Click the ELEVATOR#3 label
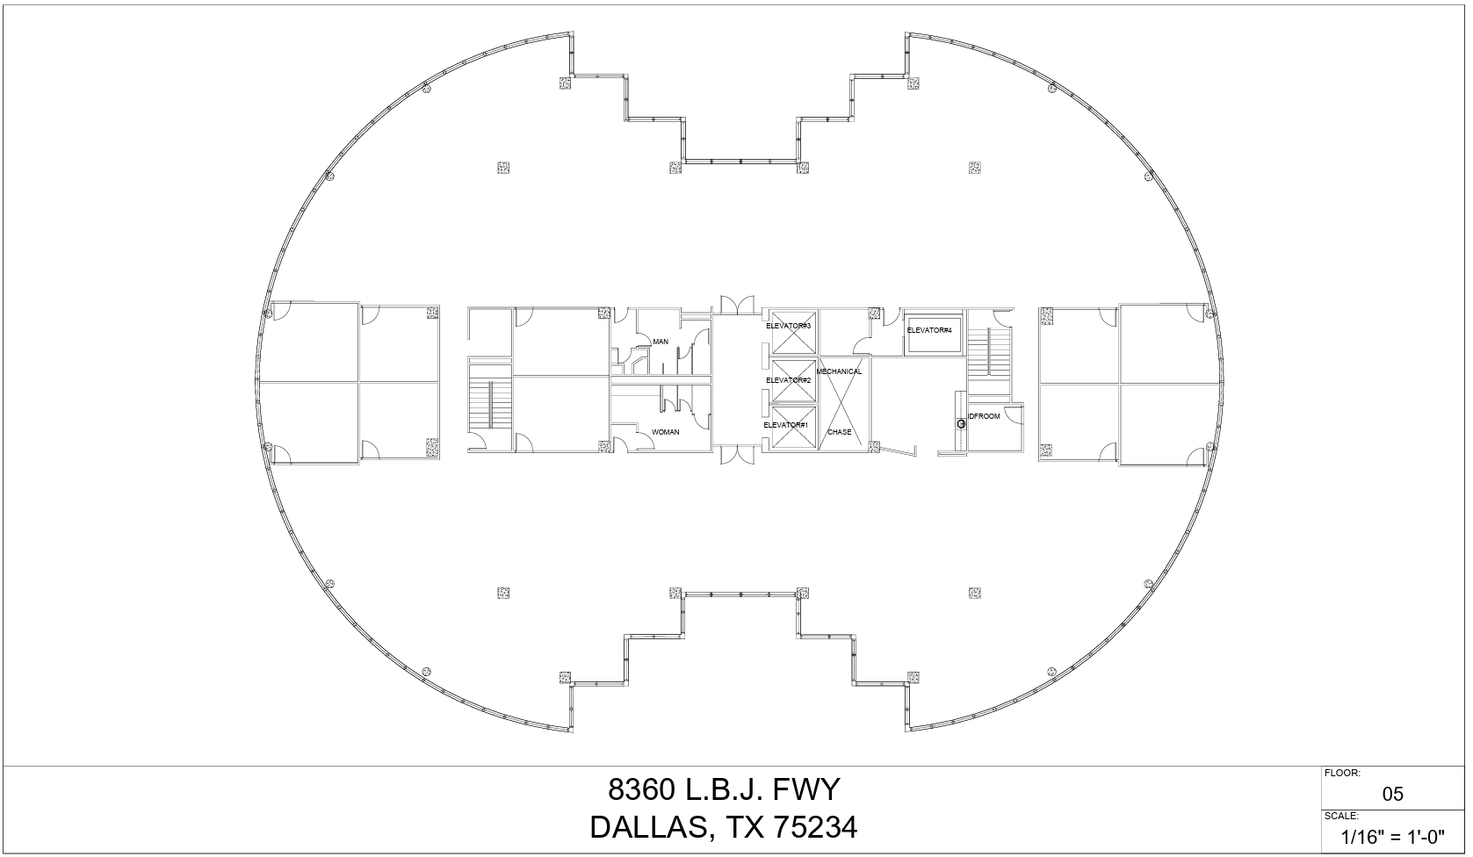(788, 326)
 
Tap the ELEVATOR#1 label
(785, 425)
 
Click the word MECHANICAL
(839, 371)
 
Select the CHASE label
(839, 432)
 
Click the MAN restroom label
(661, 342)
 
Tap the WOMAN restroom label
(665, 432)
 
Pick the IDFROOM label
(984, 416)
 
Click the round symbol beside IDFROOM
(961, 424)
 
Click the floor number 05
(1392, 795)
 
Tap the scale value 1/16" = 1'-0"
(1393, 837)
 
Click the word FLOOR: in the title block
(1342, 773)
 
